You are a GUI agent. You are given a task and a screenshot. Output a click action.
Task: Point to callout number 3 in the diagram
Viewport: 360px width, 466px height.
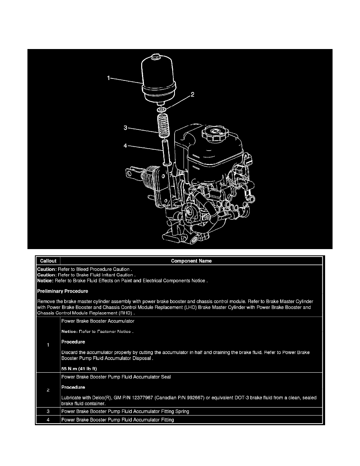coord(125,127)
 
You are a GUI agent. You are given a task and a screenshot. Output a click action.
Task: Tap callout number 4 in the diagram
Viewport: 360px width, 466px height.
coord(125,146)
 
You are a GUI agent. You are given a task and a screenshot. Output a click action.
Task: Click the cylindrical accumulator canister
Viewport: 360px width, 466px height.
coord(159,78)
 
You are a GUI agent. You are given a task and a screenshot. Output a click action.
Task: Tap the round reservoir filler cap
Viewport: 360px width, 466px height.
coord(214,134)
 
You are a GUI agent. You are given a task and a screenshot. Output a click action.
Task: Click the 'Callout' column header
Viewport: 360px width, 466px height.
coord(47,261)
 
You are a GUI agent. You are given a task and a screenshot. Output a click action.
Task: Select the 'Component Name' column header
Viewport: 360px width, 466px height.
coord(191,261)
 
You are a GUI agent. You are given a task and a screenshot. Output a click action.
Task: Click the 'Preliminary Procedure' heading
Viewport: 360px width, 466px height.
coord(62,291)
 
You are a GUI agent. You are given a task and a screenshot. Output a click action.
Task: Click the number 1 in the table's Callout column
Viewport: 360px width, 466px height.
coord(48,345)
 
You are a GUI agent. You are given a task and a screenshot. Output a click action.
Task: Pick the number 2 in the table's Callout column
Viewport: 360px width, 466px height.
coord(48,390)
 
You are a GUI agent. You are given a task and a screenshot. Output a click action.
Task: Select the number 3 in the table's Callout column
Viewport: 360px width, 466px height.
coord(48,411)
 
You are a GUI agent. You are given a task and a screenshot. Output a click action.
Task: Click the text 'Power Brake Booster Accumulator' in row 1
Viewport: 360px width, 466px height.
coord(98,321)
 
